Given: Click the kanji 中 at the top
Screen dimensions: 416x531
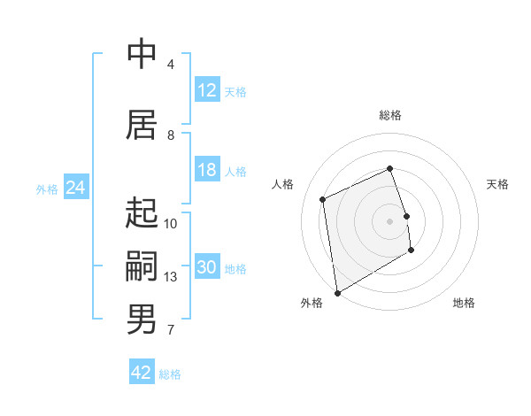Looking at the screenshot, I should tap(142, 54).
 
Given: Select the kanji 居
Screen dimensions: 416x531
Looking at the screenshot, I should tap(142, 125).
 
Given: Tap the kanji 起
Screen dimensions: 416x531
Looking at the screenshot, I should tap(142, 213).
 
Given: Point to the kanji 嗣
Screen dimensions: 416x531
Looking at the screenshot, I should tap(142, 266).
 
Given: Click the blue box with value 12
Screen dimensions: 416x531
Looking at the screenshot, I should tap(207, 90).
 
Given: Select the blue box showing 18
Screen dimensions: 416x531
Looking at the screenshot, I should tap(207, 170).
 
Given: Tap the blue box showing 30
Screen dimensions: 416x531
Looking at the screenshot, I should tap(207, 267).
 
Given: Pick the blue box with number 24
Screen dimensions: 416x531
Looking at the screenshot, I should tap(75, 188).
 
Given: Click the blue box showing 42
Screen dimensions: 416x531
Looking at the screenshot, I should tap(142, 373).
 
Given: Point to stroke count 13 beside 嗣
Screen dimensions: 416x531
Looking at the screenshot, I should tap(171, 277).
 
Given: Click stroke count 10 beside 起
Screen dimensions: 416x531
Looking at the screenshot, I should tap(171, 224).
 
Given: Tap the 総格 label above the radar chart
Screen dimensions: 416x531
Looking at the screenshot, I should tap(390, 115).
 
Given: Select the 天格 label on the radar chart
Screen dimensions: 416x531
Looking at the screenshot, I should tap(498, 184).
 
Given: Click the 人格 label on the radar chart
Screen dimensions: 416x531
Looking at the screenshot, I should tap(283, 184).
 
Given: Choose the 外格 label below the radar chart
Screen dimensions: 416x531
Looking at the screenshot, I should tap(312, 303).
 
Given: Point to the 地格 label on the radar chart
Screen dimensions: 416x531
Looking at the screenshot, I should tap(464, 303).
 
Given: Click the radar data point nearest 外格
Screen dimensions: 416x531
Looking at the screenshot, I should tap(337, 292).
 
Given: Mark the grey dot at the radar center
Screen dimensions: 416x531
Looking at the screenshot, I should tap(390, 220).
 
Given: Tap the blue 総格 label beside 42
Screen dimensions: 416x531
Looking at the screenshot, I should tap(170, 374).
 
